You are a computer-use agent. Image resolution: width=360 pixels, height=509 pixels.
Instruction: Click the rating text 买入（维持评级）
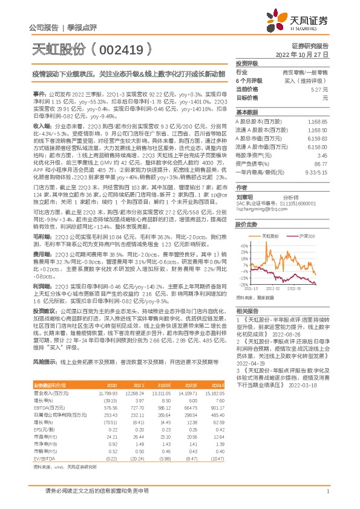tap(309, 80)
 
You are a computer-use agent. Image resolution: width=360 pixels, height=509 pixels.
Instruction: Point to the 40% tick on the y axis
tap(243, 246)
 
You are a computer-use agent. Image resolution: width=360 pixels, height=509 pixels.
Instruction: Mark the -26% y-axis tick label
tap(243, 284)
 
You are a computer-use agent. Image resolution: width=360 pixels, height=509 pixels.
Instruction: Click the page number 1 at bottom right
tap(327, 491)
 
